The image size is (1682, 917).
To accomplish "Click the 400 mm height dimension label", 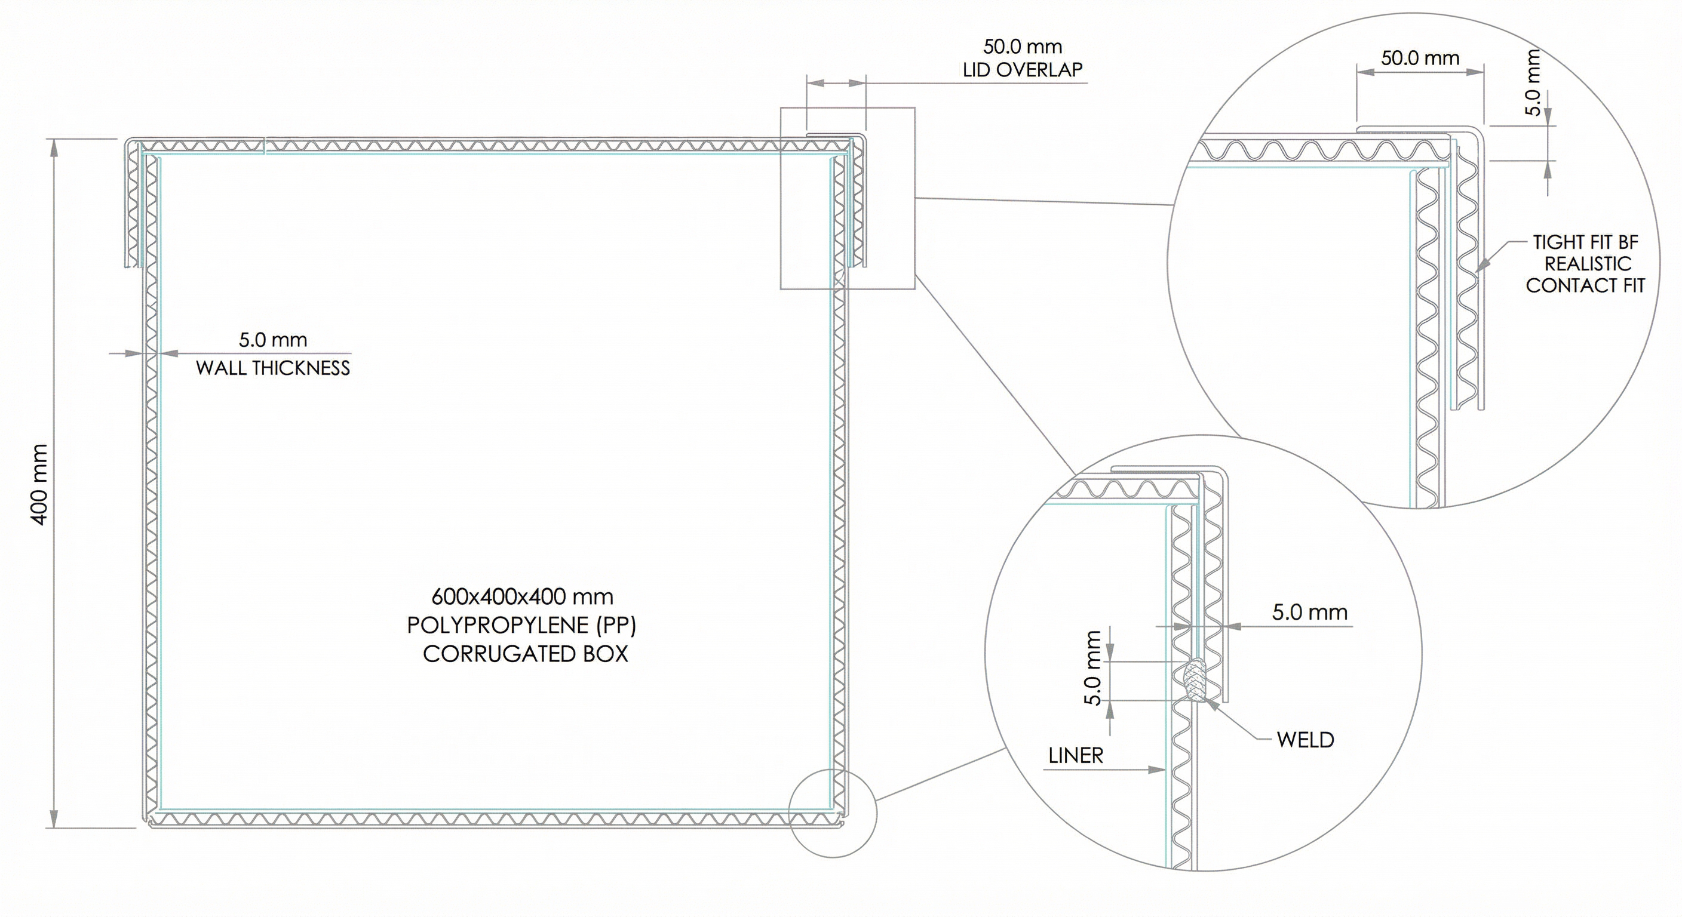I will [39, 484].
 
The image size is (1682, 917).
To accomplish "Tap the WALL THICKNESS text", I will [273, 368].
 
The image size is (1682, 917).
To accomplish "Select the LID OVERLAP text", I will [1023, 69].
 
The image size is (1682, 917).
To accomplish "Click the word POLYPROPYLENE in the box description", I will [498, 625].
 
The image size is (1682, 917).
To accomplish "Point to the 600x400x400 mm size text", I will [523, 596].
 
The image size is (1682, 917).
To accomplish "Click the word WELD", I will [1305, 740].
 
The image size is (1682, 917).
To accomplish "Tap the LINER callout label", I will [1075, 755].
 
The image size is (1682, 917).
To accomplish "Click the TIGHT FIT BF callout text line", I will [1586, 242].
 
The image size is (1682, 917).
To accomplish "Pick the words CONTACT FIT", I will [1585, 285].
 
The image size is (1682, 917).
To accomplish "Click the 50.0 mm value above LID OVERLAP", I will [1023, 47].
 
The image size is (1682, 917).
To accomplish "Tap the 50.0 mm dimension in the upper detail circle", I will [1420, 58].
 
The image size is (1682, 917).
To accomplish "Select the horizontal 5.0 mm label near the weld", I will [1310, 612].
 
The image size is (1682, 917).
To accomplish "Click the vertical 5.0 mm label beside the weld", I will [1092, 667].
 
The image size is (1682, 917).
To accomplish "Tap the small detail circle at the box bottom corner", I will [833, 813].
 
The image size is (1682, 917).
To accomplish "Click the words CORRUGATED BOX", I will [526, 654].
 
